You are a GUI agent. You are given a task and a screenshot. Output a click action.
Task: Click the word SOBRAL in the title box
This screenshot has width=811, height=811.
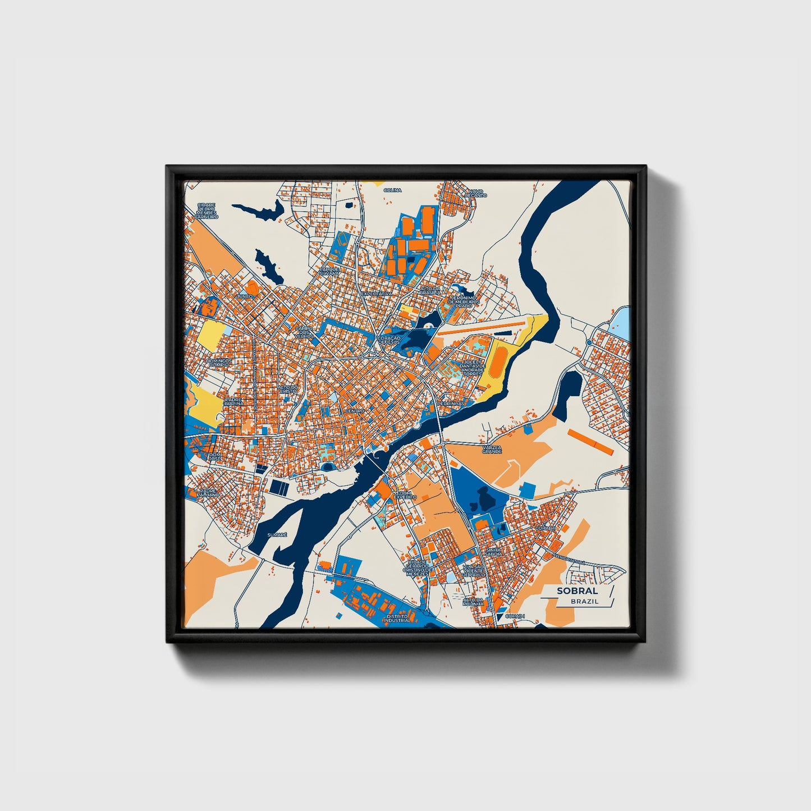pyautogui.click(x=578, y=590)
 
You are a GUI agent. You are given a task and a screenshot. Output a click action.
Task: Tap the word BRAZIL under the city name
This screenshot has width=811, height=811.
pyautogui.click(x=584, y=601)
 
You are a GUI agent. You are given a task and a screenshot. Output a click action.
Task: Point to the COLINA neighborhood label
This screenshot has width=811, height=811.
pyautogui.click(x=393, y=190)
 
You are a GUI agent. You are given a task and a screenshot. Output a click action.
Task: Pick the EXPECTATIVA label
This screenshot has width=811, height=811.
pyautogui.click(x=376, y=294)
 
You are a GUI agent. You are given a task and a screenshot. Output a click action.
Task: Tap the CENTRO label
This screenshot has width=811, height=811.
pyautogui.click(x=355, y=411)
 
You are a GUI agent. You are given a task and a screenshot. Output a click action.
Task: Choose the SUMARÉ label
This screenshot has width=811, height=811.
pyautogui.click(x=277, y=535)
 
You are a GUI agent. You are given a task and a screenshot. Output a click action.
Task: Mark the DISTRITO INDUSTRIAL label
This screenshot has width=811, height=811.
pyautogui.click(x=397, y=618)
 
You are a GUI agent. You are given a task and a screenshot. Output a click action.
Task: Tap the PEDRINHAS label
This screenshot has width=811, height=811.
pyautogui.click(x=451, y=403)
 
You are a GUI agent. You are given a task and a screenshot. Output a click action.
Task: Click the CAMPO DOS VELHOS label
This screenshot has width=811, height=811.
pyautogui.click(x=304, y=331)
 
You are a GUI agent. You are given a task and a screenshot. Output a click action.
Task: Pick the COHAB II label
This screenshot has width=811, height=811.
pyautogui.click(x=546, y=528)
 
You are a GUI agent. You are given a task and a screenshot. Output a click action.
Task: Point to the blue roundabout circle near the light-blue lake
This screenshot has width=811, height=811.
pyautogui.click(x=589, y=342)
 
